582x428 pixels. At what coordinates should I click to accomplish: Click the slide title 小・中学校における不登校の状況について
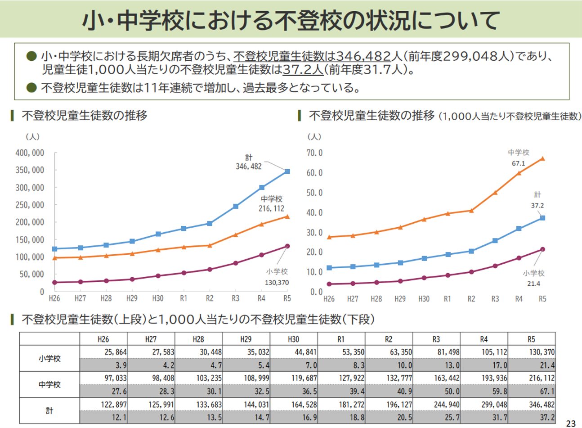click(x=291, y=20)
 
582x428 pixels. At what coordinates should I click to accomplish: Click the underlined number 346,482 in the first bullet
click(x=363, y=56)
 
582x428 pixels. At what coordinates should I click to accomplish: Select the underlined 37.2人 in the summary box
click(x=303, y=70)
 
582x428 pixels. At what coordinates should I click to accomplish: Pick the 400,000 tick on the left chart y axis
click(x=30, y=153)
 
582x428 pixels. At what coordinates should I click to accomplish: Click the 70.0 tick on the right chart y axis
click(x=314, y=153)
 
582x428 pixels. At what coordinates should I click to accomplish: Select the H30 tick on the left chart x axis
click(x=158, y=298)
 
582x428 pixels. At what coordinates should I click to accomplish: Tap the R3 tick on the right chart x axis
click(x=495, y=299)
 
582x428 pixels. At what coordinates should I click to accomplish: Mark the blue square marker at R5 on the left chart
click(x=287, y=171)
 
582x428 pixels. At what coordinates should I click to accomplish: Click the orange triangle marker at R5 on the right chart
click(x=542, y=158)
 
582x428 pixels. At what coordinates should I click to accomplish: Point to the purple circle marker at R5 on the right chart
click(x=542, y=249)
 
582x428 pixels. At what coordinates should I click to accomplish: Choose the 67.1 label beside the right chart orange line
click(x=518, y=163)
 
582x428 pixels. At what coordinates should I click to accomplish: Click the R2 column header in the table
click(x=389, y=339)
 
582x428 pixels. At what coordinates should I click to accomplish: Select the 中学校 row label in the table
click(x=49, y=385)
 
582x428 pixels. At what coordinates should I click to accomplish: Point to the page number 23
click(x=571, y=423)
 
